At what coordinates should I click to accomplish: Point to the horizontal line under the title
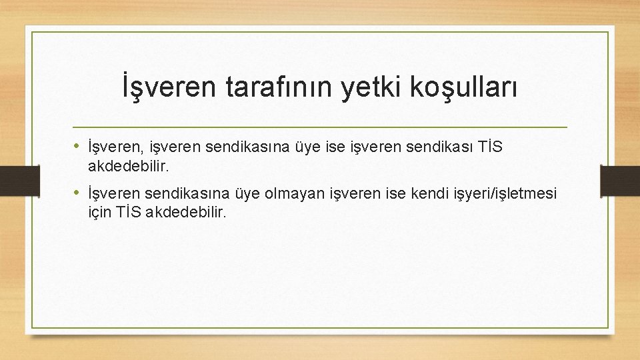[319, 126]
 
